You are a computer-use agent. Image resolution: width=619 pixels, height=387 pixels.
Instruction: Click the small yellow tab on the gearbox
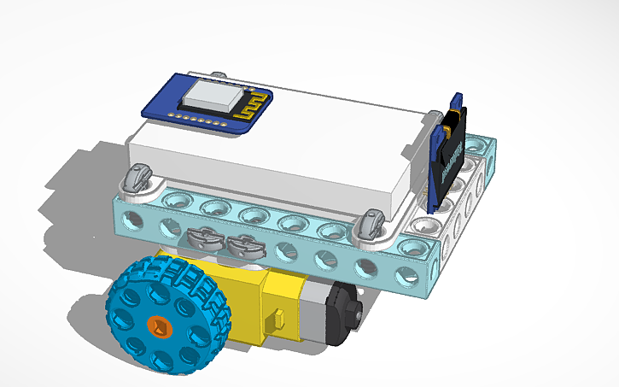[274, 322]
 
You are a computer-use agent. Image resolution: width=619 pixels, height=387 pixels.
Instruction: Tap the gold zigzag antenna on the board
[251, 107]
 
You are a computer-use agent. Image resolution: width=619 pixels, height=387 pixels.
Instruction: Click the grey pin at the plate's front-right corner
[370, 224]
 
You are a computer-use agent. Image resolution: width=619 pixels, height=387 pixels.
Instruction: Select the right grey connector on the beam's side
[244, 246]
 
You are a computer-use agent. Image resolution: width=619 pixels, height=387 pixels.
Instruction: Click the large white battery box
[273, 162]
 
